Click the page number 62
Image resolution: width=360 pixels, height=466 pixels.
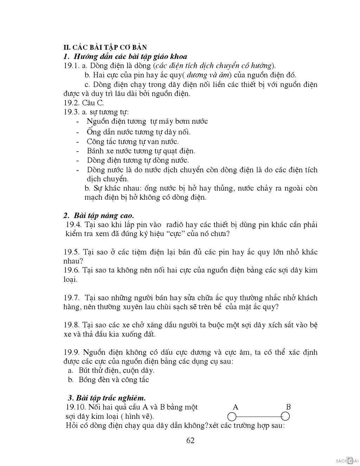pos(191,440)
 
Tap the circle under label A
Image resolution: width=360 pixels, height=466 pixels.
pos(232,417)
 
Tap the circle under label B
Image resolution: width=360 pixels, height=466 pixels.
pos(285,417)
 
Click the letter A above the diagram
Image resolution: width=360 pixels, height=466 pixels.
pos(236,407)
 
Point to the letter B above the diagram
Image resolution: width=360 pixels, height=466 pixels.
pos(288,407)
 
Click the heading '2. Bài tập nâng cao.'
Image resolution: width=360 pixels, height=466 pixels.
pos(99,215)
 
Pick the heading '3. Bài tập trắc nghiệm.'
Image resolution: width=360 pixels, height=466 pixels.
pos(107,398)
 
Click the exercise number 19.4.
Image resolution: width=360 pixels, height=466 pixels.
pos(74,225)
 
